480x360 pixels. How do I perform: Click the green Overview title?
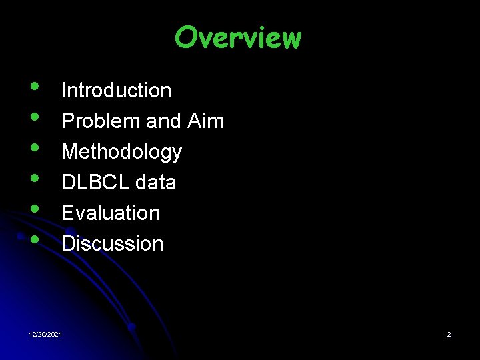click(238, 38)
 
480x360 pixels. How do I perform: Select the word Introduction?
click(116, 91)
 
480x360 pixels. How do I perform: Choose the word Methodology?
click(121, 152)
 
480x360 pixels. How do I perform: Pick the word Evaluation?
click(111, 213)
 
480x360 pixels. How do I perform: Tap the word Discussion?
click(112, 244)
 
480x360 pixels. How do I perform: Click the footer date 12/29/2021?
click(47, 334)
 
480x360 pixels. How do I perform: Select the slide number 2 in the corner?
click(449, 334)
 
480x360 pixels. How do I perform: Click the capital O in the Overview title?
click(187, 38)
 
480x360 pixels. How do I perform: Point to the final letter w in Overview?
click(290, 39)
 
